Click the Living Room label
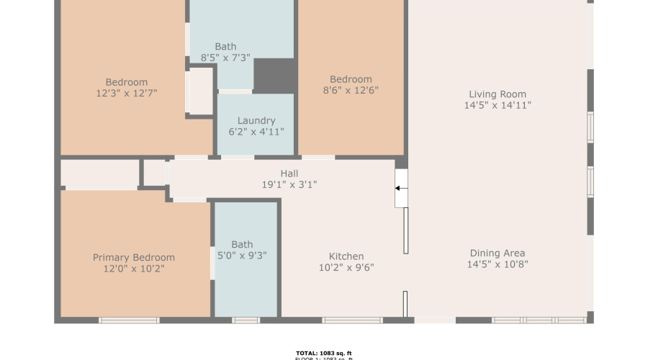coord(498,94)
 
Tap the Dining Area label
coord(498,253)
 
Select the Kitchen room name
coord(346,256)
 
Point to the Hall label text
coord(289,174)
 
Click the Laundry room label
coord(256,121)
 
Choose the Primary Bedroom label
coord(134,258)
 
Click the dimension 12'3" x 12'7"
coord(127,93)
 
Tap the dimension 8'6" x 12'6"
coord(351,90)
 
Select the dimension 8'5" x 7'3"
coord(225,58)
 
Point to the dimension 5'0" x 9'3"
coord(243,255)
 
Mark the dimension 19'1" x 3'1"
coord(289,184)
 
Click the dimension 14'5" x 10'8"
coord(498,264)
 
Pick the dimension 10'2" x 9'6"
coord(346,267)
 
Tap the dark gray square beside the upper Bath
coord(274,76)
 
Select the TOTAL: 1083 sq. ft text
coord(324,353)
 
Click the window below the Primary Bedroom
coord(129,320)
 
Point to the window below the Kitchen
coord(352,320)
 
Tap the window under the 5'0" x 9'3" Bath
coord(246,320)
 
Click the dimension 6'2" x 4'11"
coord(256,132)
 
